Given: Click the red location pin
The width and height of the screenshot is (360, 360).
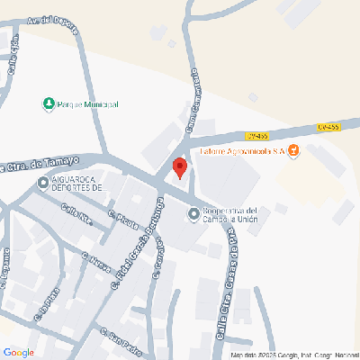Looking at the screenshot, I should click(179, 167).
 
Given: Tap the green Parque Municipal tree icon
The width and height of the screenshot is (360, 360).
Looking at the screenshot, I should click(49, 104).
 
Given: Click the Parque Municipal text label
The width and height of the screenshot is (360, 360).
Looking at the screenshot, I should click(87, 105).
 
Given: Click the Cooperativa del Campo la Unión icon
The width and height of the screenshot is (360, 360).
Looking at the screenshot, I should click(193, 213).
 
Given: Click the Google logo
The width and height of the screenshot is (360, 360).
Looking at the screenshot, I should click(18, 352).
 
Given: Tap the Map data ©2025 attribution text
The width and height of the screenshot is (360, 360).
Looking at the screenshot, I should click(292, 355).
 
